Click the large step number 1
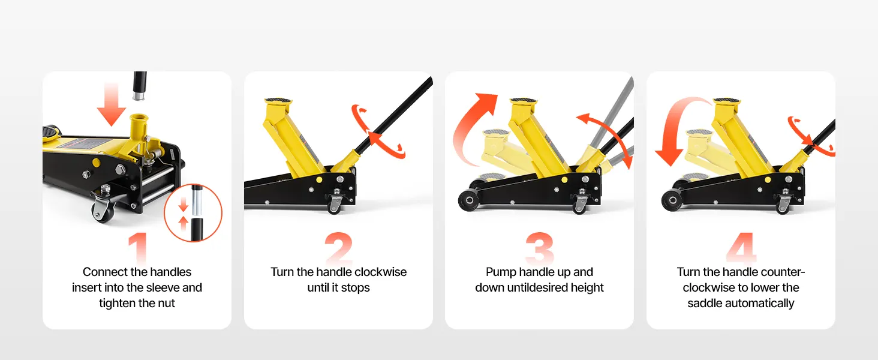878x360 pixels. point(137,247)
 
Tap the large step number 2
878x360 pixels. point(339,247)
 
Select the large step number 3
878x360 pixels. point(540,247)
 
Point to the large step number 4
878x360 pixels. point(741,247)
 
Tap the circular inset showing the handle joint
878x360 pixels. point(193,212)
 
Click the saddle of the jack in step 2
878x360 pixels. point(278,102)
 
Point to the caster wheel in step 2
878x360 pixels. point(334,204)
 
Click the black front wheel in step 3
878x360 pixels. point(469,200)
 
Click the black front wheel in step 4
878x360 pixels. point(672,200)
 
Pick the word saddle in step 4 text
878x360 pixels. point(705,303)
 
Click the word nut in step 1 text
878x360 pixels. point(167,304)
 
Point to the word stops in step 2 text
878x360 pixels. point(356,288)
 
